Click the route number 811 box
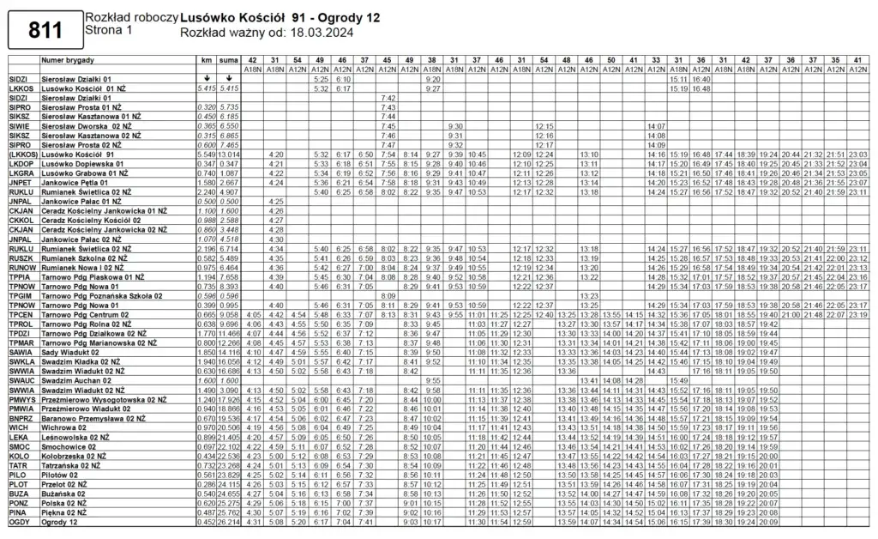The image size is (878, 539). click(x=45, y=31)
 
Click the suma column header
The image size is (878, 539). click(x=228, y=61)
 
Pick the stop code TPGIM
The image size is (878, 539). click(x=21, y=295)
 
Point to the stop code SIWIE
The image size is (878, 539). click(x=19, y=126)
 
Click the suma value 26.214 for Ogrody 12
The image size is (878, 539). click(x=228, y=522)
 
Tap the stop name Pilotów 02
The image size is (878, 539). click(x=60, y=475)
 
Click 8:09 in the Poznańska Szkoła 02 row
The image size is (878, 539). click(x=388, y=295)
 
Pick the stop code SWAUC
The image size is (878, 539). click(x=21, y=379)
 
